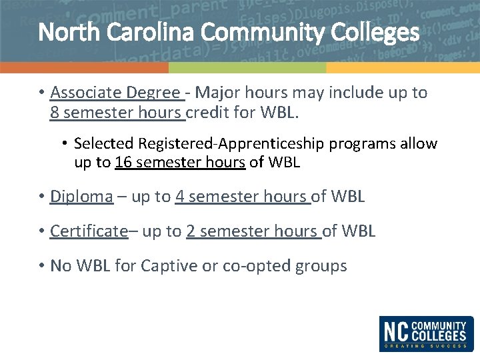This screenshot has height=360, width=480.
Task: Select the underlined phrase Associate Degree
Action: pyautogui.click(x=115, y=93)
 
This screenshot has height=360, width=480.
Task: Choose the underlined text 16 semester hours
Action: pyautogui.click(x=180, y=162)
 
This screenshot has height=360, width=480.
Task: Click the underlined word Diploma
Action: pyautogui.click(x=81, y=197)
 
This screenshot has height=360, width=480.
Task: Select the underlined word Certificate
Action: pyautogui.click(x=88, y=231)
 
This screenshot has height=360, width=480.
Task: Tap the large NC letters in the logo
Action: pyautogui.click(x=395, y=331)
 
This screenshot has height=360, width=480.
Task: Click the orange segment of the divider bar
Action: pyautogui.click(x=84, y=68)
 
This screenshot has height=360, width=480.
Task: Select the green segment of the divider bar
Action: pyautogui.click(x=247, y=68)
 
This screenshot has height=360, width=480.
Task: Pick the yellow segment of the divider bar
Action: pyautogui.click(x=403, y=68)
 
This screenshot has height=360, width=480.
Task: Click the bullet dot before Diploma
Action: pyautogui.click(x=41, y=197)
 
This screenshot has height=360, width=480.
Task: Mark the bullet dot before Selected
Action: pyautogui.click(x=65, y=144)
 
